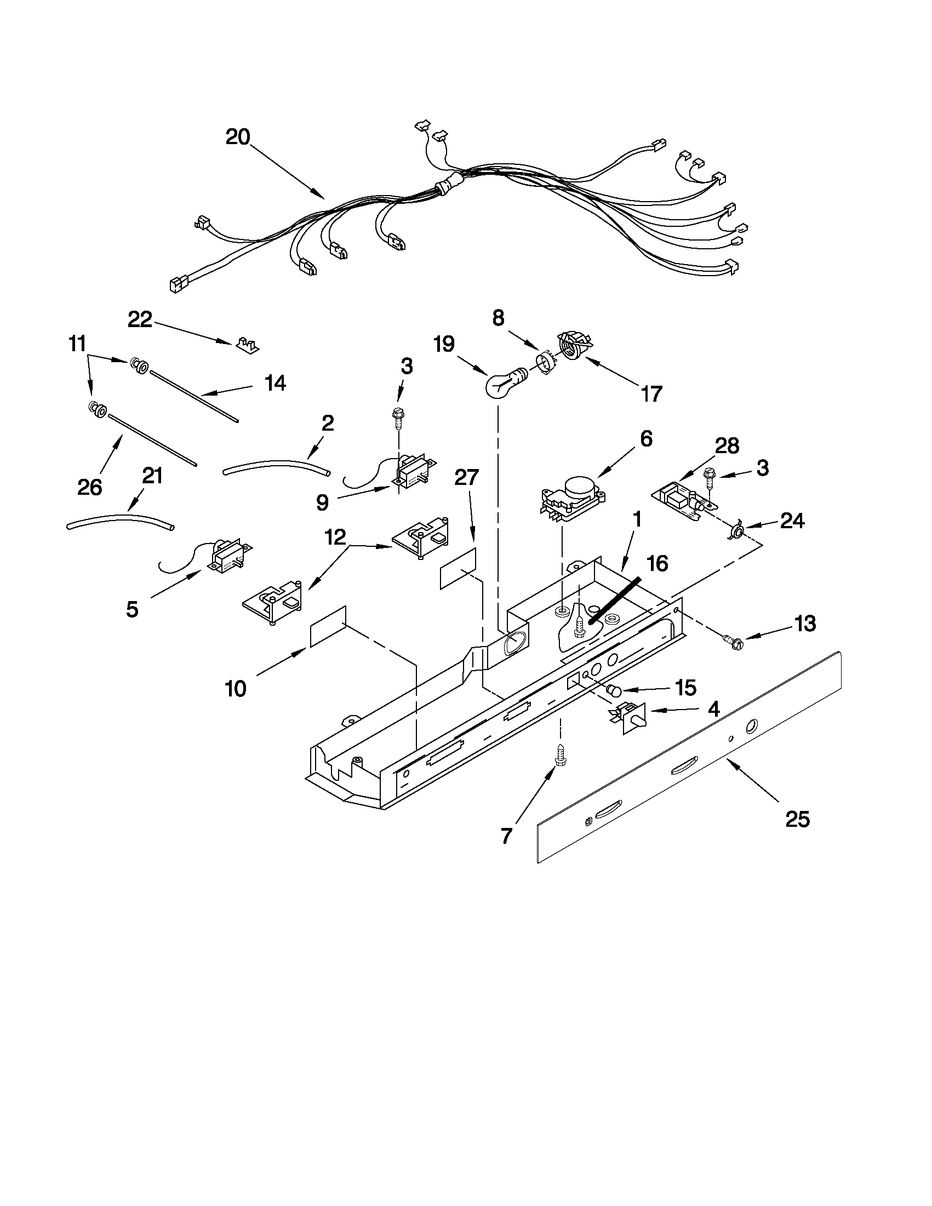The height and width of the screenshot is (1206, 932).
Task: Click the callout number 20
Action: [x=238, y=137]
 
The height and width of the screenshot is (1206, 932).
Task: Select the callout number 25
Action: [x=797, y=819]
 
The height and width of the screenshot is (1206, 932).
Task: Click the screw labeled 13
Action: [x=733, y=642]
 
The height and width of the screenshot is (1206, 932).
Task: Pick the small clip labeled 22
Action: [x=247, y=345]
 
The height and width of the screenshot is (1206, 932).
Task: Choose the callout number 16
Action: [x=657, y=564]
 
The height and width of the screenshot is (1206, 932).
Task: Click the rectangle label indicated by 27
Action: [x=458, y=569]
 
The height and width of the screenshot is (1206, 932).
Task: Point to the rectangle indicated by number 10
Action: [x=328, y=626]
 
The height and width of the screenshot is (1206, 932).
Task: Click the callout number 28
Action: [x=727, y=445]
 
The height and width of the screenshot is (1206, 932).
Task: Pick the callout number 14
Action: [x=275, y=382]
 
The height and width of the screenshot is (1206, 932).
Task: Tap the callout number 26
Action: [x=89, y=487]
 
